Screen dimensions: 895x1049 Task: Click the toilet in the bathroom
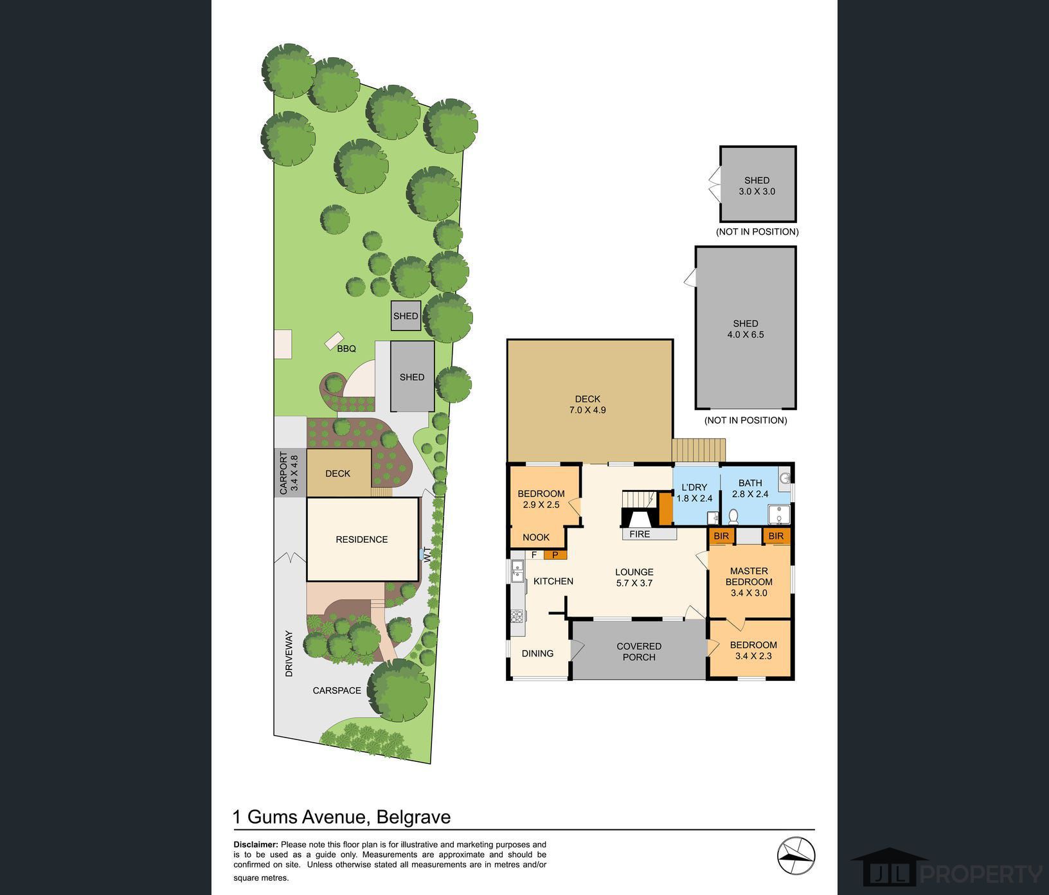point(733,516)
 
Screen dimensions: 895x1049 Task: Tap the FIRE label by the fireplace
point(640,534)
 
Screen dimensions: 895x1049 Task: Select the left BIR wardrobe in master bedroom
point(721,536)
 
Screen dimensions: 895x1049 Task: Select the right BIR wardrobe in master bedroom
point(776,536)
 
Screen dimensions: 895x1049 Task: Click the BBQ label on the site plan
point(346,348)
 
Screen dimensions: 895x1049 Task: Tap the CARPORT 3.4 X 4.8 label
point(289,473)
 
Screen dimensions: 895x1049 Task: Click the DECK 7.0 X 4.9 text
point(587,404)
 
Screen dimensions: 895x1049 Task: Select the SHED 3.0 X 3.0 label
point(757,186)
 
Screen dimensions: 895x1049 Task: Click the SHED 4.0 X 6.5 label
point(746,329)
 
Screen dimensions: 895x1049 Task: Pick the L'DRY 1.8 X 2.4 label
point(694,493)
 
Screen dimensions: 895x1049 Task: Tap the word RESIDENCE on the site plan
point(362,539)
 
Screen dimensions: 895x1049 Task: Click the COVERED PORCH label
point(639,651)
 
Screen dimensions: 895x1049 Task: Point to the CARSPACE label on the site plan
point(337,691)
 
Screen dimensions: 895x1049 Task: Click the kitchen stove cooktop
point(517,617)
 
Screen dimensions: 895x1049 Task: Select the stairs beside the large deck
point(699,448)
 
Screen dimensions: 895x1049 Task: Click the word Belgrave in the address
point(413,817)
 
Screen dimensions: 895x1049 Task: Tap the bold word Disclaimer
point(255,844)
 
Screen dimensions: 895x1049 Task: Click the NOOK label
point(535,538)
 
